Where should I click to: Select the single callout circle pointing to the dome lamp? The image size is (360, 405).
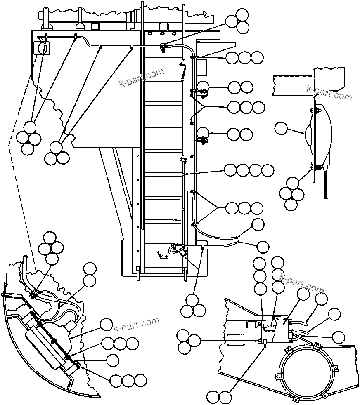(282, 128)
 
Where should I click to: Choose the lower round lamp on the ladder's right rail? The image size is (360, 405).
(202, 134)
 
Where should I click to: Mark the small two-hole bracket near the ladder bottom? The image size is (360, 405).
(164, 256)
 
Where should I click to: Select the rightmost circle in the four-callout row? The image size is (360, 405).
(268, 170)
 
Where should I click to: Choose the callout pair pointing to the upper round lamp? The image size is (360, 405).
(240, 87)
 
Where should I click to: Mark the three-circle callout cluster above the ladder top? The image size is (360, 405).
(238, 21)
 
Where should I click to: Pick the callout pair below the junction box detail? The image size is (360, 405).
(219, 398)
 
